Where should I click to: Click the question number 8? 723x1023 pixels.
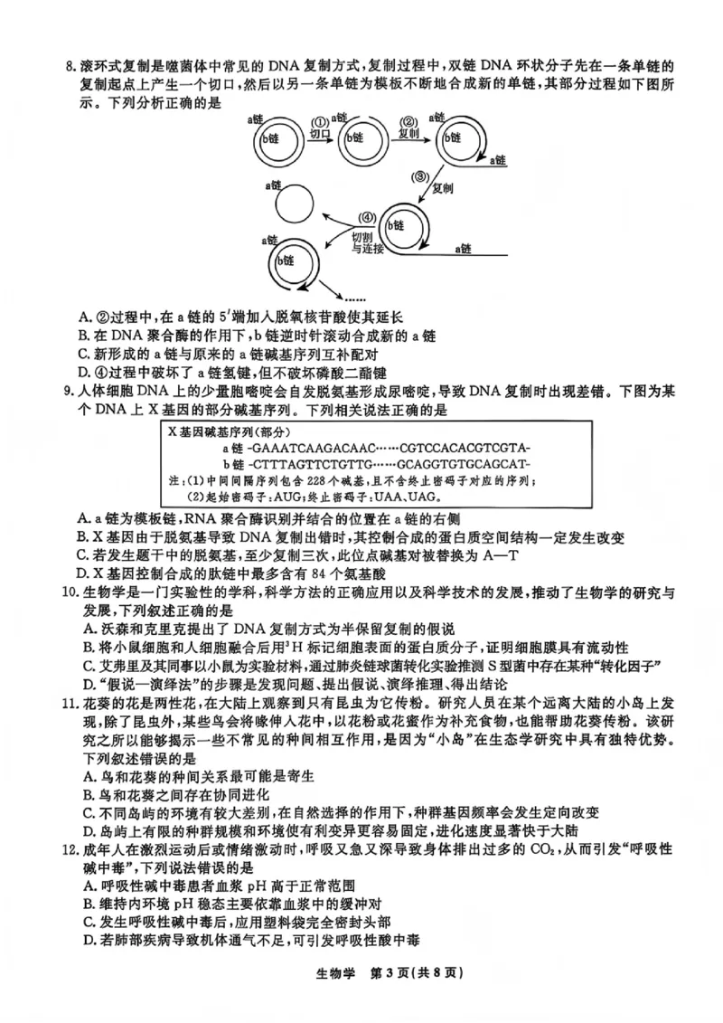point(61,68)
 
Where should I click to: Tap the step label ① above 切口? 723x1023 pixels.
point(319,122)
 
